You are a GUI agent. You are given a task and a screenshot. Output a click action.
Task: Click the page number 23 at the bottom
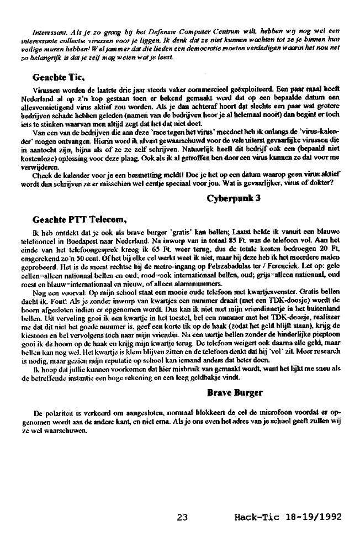[183, 517]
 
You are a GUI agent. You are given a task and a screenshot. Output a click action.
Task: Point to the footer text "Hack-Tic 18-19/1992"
[287, 517]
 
